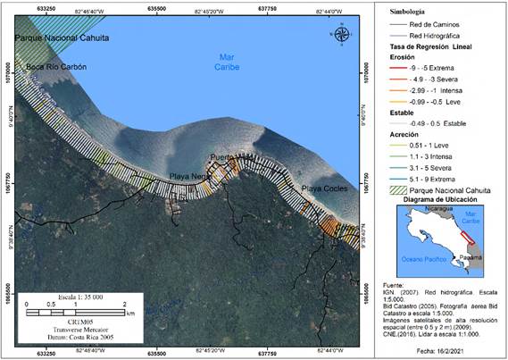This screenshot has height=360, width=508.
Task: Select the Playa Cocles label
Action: tap(321, 189)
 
